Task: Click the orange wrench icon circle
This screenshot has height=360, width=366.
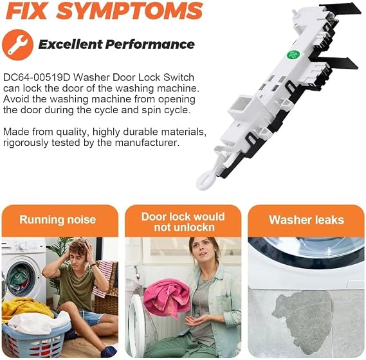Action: (x=17, y=45)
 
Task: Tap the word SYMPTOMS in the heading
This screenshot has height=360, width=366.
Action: (x=129, y=11)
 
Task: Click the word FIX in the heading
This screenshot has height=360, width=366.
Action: (x=26, y=11)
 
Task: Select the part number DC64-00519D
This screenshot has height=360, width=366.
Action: (x=37, y=78)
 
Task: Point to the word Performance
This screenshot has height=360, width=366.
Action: (x=150, y=44)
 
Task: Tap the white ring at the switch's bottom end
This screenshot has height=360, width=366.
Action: (x=205, y=180)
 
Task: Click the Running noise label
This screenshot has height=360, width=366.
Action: (x=58, y=220)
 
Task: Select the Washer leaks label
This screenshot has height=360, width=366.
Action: (x=306, y=220)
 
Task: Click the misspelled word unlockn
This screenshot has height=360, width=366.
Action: (x=185, y=228)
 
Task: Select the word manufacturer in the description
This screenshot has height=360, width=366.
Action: (x=147, y=143)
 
